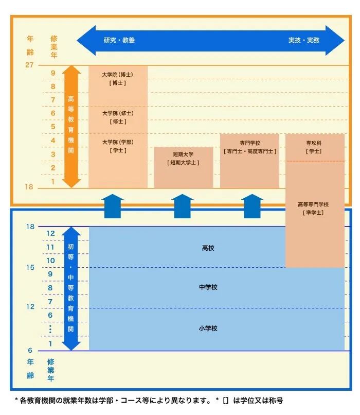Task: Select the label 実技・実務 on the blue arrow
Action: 303,40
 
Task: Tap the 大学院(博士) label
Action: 118,75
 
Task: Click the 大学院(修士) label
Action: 118,113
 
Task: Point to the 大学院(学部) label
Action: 118,142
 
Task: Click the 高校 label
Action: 208,248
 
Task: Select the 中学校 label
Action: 208,287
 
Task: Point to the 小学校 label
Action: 208,328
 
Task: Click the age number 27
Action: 29,65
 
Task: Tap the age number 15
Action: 30,267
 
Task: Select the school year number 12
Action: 50,234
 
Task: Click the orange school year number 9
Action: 52,73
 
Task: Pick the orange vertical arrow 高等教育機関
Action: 71,126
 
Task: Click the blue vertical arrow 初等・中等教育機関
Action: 71,288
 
